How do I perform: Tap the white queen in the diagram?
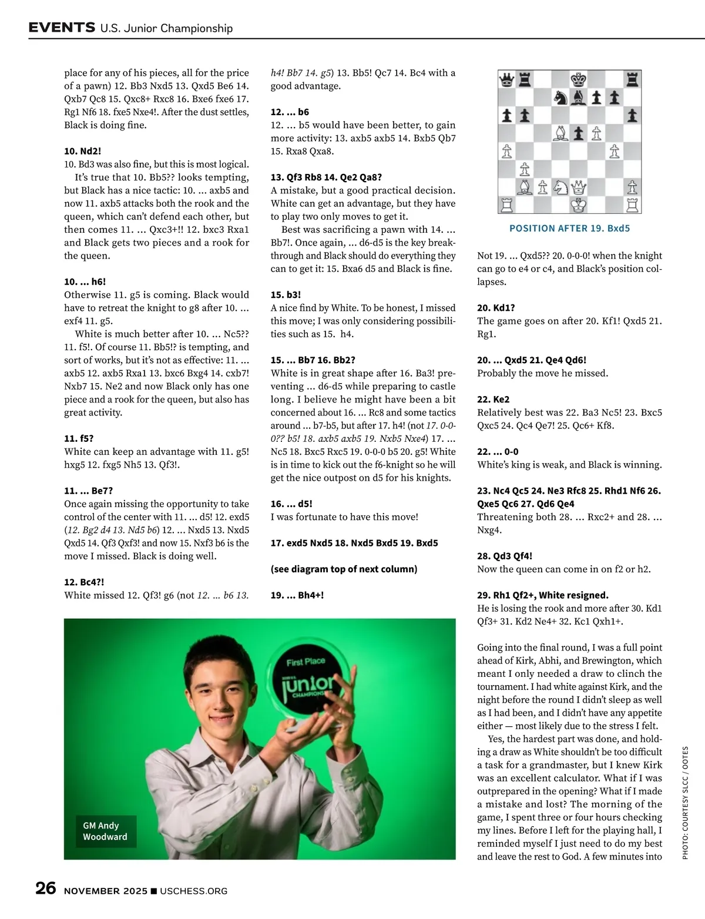click(x=579, y=187)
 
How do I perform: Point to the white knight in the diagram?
click(x=561, y=187)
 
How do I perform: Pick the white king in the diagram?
click(x=579, y=205)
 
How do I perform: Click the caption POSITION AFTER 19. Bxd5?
click(x=569, y=229)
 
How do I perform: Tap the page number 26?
click(x=46, y=888)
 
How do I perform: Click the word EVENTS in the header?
click(x=62, y=28)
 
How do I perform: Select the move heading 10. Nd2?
click(x=83, y=151)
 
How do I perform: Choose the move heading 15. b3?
click(x=286, y=295)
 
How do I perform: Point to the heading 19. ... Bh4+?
click(x=297, y=595)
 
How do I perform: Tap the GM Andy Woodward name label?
click(x=105, y=831)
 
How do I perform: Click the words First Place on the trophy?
click(x=305, y=662)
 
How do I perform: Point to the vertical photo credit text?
click(x=685, y=803)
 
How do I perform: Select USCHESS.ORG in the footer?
click(x=193, y=891)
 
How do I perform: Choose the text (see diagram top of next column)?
click(x=344, y=569)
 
